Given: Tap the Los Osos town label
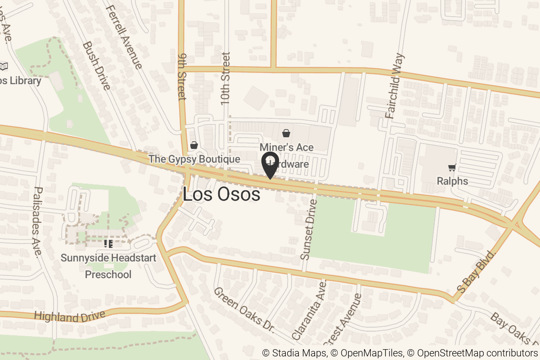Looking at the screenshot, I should [221, 194].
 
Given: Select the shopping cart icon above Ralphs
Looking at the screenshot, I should [452, 168].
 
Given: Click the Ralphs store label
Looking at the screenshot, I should [452, 181].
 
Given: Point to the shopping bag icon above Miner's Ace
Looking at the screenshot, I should [286, 133].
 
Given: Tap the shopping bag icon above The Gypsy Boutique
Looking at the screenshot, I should [194, 145].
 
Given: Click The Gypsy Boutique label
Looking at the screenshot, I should [194, 159].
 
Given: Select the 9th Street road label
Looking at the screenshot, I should [181, 79].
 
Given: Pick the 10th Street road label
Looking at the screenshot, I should [226, 79].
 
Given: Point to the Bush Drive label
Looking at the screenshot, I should [96, 66].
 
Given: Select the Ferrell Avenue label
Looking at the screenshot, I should [125, 37].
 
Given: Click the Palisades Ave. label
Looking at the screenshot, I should [38, 222].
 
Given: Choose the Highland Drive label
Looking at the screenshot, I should [69, 316].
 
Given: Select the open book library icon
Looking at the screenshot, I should [4, 67].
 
